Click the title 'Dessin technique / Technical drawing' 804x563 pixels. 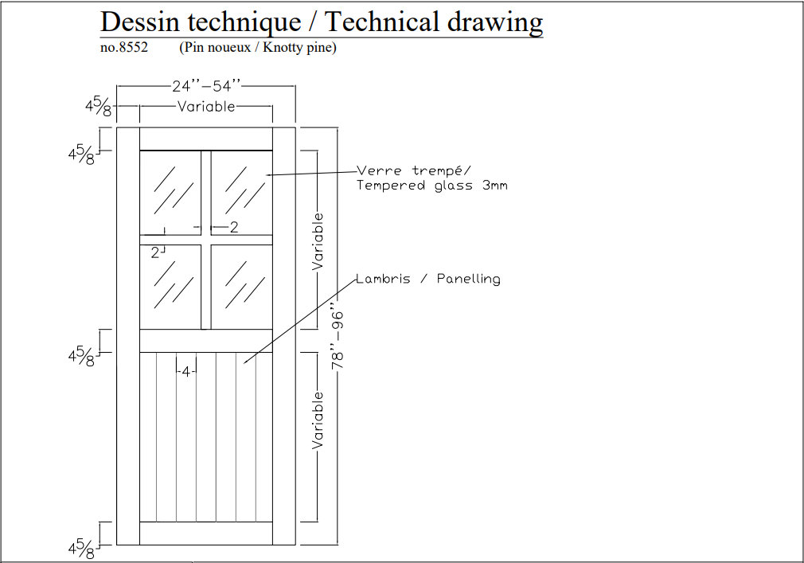(x=322, y=22)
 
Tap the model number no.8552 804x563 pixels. (x=123, y=48)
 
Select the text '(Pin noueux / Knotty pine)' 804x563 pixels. (x=258, y=48)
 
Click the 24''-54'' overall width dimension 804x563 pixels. (x=205, y=87)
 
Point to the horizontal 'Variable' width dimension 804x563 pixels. (x=206, y=106)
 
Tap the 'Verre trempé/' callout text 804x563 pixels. (x=414, y=170)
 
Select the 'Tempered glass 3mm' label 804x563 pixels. (x=431, y=186)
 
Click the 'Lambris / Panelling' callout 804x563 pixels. (x=428, y=279)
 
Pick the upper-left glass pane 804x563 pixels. (x=170, y=192)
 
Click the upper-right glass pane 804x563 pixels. (x=241, y=192)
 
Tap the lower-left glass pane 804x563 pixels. (x=170, y=286)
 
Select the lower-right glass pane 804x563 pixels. (x=241, y=286)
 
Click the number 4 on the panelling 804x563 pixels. (x=185, y=371)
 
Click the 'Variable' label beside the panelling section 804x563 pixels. (x=318, y=419)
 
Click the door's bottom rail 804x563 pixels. (x=206, y=533)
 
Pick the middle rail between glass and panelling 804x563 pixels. (x=206, y=341)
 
